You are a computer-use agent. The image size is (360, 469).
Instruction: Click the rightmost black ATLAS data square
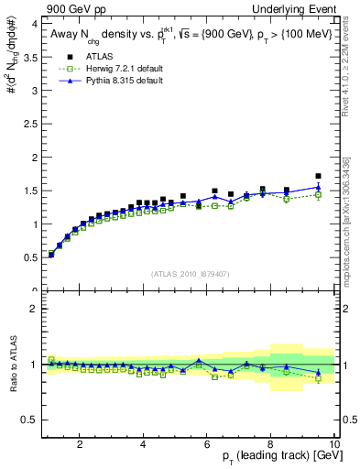pyautogui.click(x=318, y=176)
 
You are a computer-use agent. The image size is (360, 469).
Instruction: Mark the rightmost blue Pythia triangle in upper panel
pyautogui.click(x=318, y=187)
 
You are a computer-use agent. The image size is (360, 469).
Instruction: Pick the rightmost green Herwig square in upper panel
pyautogui.click(x=318, y=194)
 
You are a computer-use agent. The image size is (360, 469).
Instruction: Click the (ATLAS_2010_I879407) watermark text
pyautogui.click(x=189, y=273)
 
